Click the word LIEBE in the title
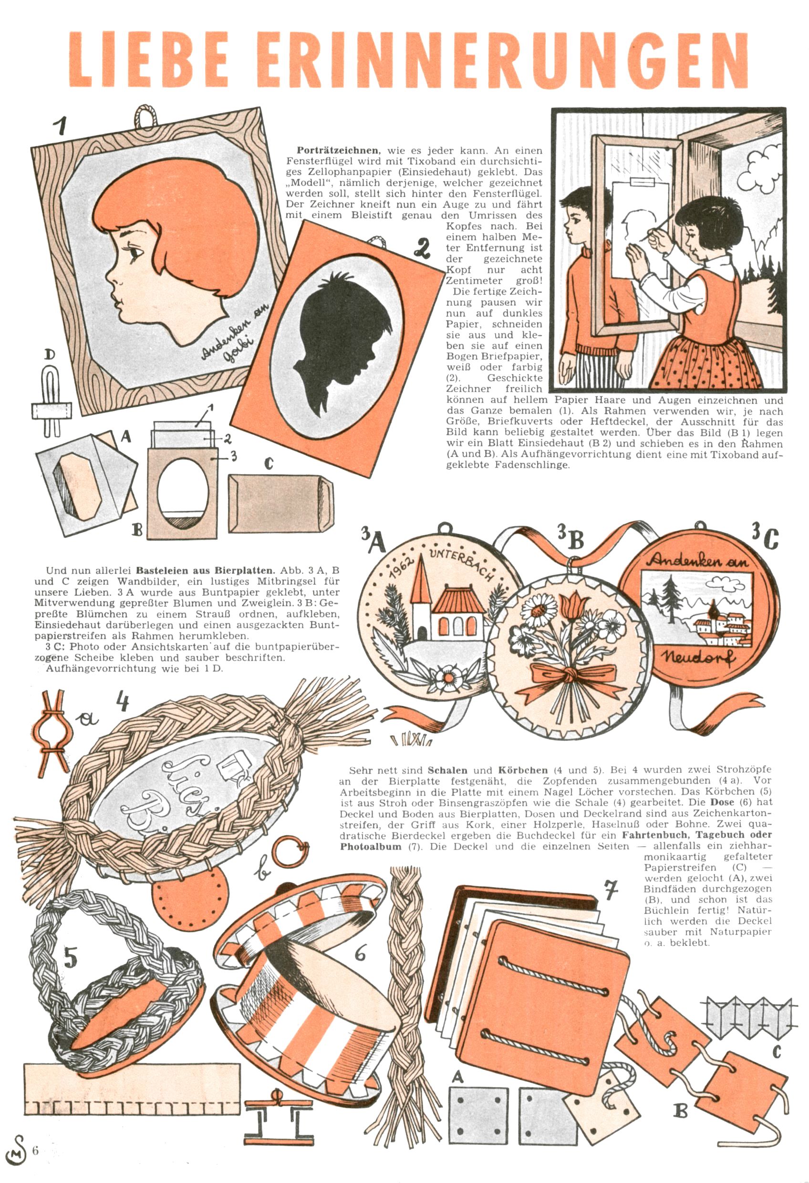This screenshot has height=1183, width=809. coord(148,60)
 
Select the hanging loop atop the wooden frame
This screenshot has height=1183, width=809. coord(145,116)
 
